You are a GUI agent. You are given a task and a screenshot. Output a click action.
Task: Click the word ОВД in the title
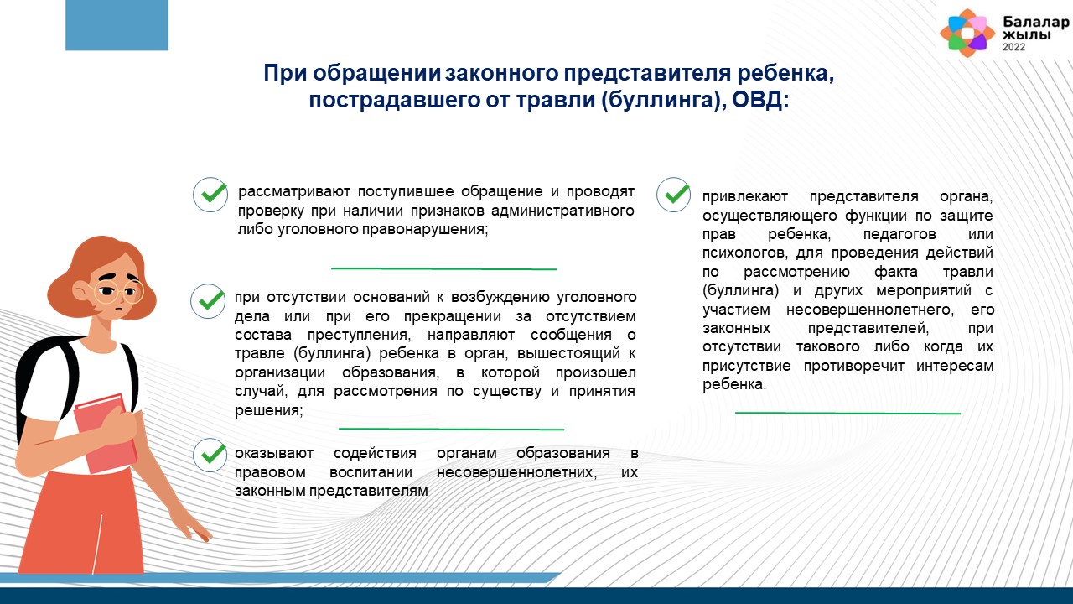click(760, 100)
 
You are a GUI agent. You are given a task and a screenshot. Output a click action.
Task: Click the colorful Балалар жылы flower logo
click(967, 33)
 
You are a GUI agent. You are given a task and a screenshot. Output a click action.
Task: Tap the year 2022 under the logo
click(1014, 47)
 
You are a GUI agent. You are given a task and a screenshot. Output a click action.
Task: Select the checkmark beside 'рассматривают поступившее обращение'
click(210, 194)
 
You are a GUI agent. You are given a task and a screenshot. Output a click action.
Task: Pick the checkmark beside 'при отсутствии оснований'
click(208, 300)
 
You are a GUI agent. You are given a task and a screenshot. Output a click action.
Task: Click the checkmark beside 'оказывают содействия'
click(210, 455)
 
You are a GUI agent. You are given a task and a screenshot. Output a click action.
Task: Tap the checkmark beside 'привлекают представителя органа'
click(673, 194)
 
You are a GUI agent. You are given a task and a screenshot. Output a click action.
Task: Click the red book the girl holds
click(106, 433)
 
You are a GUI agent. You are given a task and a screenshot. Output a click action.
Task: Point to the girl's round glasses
click(118, 291)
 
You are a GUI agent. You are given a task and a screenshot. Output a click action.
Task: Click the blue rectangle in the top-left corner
click(117, 25)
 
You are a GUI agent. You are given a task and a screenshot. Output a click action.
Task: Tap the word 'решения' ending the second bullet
click(269, 410)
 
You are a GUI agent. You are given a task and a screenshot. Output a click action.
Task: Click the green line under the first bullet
click(443, 268)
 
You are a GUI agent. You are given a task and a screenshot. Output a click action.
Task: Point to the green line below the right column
click(848, 413)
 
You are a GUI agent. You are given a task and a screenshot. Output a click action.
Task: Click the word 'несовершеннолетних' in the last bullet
click(517, 472)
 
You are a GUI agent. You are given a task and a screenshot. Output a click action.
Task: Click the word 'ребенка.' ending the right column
click(734, 384)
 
